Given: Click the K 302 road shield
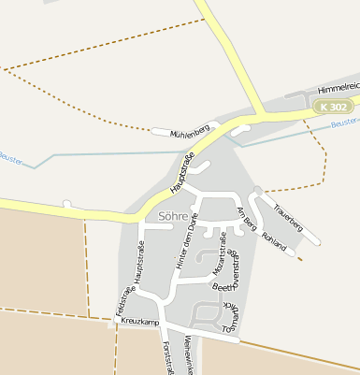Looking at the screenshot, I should [x=333, y=108].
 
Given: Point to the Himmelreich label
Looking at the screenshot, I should [x=338, y=88].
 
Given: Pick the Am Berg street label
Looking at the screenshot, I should [x=247, y=219].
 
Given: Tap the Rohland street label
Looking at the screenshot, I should [x=274, y=241].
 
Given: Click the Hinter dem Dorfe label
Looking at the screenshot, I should [x=187, y=242].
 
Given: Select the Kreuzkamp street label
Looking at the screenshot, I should [x=138, y=322].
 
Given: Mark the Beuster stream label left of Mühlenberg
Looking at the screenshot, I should [x=10, y=158].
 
